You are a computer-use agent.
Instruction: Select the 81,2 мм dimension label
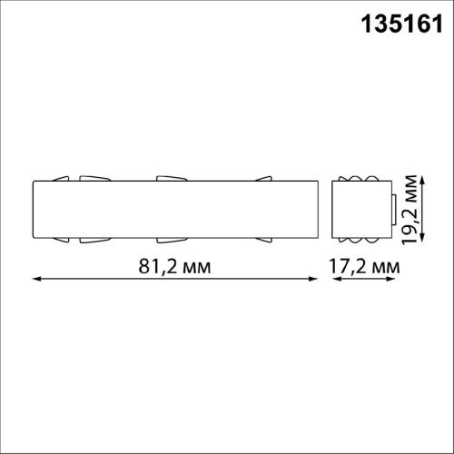point(174,267)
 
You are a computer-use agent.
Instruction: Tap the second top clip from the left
point(93,177)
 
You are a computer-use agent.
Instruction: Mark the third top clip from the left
point(170,177)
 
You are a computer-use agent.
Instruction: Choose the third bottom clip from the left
point(170,241)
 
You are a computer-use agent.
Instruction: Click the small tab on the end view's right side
point(393,209)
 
